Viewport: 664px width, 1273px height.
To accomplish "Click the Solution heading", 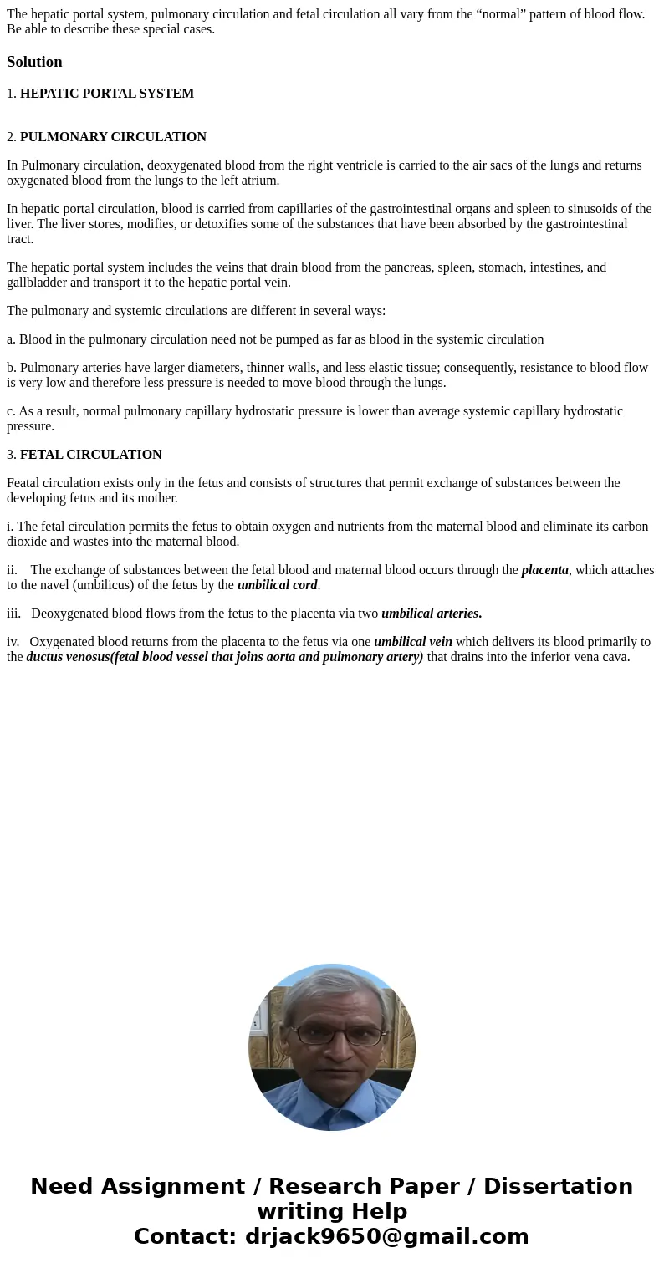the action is point(34,62).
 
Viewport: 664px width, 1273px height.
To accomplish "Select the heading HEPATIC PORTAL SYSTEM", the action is point(107,94).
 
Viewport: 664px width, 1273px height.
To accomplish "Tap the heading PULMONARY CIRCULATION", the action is point(113,137).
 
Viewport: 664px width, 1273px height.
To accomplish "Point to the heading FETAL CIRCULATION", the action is point(90,455).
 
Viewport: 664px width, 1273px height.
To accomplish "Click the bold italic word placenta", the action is point(544,570).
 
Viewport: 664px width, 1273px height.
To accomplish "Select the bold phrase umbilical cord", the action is point(277,585).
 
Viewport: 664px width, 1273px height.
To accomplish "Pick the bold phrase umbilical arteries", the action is point(431,614).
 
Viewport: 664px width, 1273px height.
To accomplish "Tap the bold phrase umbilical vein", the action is point(413,642).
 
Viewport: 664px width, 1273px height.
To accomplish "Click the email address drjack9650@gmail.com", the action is point(386,1236).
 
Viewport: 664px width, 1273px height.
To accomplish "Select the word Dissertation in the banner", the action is point(558,1186).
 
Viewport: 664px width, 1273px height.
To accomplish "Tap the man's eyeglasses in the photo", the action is point(332,1034).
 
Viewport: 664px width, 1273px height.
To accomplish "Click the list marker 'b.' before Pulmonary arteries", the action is point(12,368).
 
